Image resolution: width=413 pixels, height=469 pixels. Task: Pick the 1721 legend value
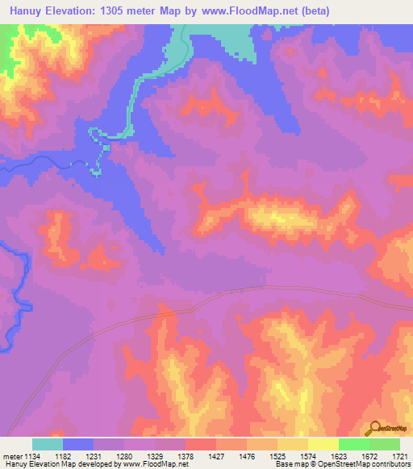(x=398, y=456)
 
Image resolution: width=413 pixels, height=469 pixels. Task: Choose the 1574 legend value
(x=308, y=456)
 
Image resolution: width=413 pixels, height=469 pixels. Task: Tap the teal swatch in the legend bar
(x=48, y=444)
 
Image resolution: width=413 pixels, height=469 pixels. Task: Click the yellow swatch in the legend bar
(x=323, y=444)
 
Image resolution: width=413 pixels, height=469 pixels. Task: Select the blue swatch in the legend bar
(x=78, y=444)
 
